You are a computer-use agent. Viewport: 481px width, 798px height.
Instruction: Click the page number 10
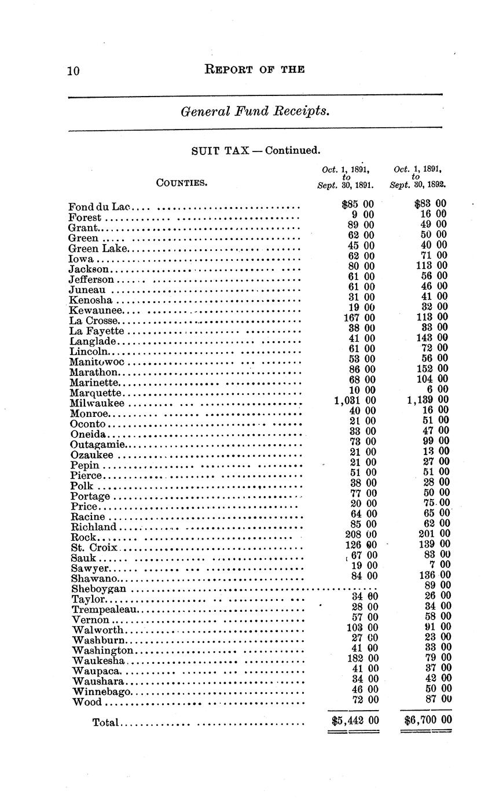[73, 71]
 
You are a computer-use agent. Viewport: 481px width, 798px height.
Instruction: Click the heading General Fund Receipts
[255, 110]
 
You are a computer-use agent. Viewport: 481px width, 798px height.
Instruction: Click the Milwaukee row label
[97, 403]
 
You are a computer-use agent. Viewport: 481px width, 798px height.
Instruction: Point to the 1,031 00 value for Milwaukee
[355, 400]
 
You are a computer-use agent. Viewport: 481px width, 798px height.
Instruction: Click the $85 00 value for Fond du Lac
[358, 204]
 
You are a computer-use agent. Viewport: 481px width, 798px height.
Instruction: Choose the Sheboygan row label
[98, 589]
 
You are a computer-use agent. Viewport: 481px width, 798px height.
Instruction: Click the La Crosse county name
[94, 321]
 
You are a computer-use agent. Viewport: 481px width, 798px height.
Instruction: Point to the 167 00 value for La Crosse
[359, 317]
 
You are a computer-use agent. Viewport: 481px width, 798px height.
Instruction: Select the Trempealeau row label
[105, 609]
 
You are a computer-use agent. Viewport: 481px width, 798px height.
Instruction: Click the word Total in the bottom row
[105, 722]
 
